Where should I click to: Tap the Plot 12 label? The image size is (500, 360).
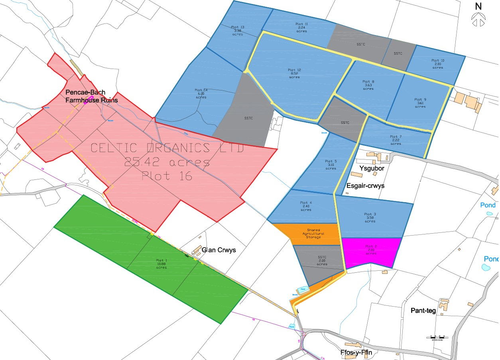click(294, 73)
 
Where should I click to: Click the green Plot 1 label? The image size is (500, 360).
click(161, 264)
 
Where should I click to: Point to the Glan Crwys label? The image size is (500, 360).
click(219, 250)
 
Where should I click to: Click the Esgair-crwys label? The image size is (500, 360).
click(368, 185)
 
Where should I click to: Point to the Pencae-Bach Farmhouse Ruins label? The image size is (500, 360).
click(92, 96)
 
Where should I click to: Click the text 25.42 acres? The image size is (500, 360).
click(167, 162)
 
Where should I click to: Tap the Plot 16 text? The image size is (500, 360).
click(167, 175)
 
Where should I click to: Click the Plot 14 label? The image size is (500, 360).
click(201, 93)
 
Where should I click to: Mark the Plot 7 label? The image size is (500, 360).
click(396, 140)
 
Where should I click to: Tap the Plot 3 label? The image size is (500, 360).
click(370, 217)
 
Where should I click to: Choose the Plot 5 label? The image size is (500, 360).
click(331, 165)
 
